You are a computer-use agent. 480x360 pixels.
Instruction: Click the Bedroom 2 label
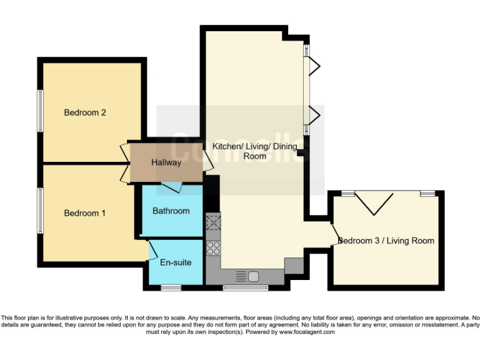point(85,112)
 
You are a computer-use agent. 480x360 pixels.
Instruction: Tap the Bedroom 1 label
point(85,213)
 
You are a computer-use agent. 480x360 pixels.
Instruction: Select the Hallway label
point(166,162)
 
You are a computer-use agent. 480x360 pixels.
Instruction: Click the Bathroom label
point(171,211)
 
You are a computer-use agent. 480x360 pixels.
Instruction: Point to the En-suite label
point(176,262)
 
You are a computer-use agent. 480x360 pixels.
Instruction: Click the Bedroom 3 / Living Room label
point(386,241)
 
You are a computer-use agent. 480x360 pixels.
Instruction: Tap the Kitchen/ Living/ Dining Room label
point(255,151)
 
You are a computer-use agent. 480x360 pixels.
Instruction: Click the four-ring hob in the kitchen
point(214,247)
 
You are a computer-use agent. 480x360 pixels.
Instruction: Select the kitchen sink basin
point(254,276)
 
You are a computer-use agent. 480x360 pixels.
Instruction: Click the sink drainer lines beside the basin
point(241,276)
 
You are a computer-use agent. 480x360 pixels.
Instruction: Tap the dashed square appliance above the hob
point(214,222)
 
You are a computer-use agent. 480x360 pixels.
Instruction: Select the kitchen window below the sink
point(246,287)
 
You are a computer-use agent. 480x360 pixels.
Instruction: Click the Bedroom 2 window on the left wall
point(40,111)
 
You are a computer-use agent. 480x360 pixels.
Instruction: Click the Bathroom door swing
point(171,186)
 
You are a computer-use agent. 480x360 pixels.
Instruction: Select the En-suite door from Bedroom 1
point(152,251)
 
